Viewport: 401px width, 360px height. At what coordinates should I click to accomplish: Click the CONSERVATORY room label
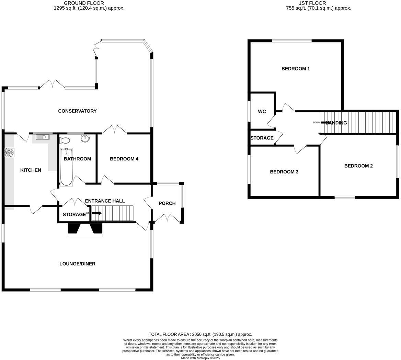[x=77, y=111]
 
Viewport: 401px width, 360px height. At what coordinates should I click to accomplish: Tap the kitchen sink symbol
[x=43, y=137]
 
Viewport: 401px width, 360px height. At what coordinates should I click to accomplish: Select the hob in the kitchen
[x=9, y=152]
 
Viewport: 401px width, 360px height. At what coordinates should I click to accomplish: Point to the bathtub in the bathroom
[x=66, y=167]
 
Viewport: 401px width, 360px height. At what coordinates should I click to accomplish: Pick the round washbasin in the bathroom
[x=85, y=138]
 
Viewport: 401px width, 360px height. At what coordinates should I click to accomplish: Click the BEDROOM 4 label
[x=124, y=159]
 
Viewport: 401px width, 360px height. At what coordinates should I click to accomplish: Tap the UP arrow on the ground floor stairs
[x=97, y=213]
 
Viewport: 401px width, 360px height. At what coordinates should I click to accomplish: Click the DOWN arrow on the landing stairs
[x=325, y=122]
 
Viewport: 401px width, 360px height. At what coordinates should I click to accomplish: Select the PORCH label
[x=167, y=203]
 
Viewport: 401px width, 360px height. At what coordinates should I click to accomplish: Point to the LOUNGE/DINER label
[x=77, y=264]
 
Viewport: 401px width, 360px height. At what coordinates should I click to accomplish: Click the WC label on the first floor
[x=262, y=112]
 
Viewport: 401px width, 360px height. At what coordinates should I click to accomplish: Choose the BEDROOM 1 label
[x=296, y=69]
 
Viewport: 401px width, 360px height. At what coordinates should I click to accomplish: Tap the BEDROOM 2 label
[x=358, y=166]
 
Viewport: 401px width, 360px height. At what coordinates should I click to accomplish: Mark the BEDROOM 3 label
[x=284, y=172]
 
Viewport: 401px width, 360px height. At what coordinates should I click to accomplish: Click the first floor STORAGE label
[x=262, y=138]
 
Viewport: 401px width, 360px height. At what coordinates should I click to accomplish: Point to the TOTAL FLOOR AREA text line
[x=200, y=334]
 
